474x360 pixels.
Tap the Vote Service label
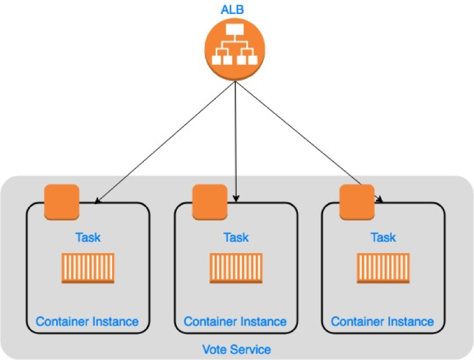pyautogui.click(x=236, y=349)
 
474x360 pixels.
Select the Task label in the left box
pyautogui.click(x=88, y=237)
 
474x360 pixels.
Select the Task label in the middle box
pyautogui.click(x=236, y=237)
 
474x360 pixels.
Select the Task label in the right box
pyautogui.click(x=383, y=237)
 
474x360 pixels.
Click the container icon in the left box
pyautogui.click(x=88, y=268)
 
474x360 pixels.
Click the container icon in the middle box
pyautogui.click(x=236, y=268)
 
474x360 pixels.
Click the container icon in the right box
pyautogui.click(x=383, y=268)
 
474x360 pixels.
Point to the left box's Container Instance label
pyautogui.click(x=87, y=321)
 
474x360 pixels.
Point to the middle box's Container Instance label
pyautogui.click(x=235, y=321)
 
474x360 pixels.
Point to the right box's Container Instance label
pyautogui.click(x=383, y=321)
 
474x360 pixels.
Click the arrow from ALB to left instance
pyautogui.click(x=165, y=142)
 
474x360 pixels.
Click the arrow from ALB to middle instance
pyautogui.click(x=236, y=140)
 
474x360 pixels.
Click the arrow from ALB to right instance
pyautogui.click(x=309, y=142)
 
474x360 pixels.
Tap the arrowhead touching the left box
pyautogui.click(x=97, y=200)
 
